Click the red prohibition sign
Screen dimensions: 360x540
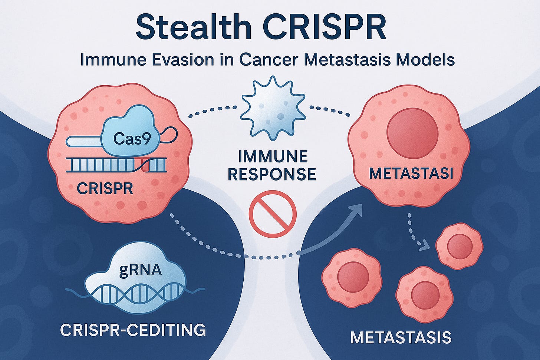tap(273, 214)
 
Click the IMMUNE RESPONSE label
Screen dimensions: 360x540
tap(272, 165)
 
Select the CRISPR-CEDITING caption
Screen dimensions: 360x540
tap(133, 330)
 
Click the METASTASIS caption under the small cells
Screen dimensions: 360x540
tap(401, 337)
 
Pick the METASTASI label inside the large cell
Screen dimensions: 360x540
tap(411, 174)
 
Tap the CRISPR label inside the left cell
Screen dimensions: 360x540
tap(105, 189)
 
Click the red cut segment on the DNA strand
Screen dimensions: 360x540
tap(145, 165)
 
